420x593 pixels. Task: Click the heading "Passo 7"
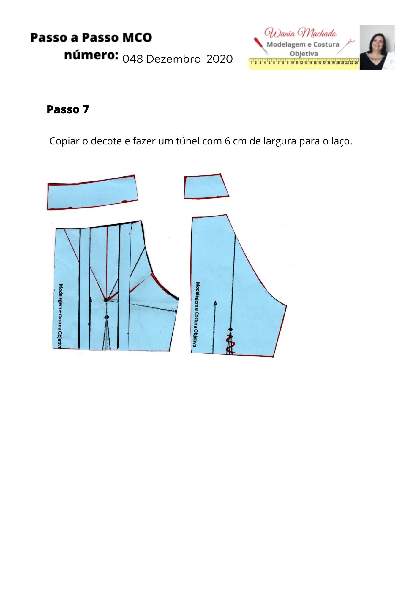[68, 109]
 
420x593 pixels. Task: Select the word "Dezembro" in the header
[173, 59]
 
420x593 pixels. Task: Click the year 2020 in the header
[220, 59]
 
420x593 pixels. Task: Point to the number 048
[133, 59]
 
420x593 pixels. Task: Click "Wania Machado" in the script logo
[301, 33]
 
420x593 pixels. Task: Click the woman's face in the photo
[377, 42]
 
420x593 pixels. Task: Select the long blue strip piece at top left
[93, 192]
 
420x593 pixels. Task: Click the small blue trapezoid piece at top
[206, 186]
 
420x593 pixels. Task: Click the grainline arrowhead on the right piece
[215, 303]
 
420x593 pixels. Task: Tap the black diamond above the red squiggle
[230, 329]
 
